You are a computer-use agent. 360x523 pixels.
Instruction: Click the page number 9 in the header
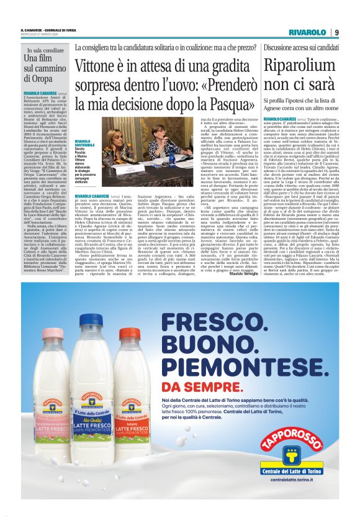336,32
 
